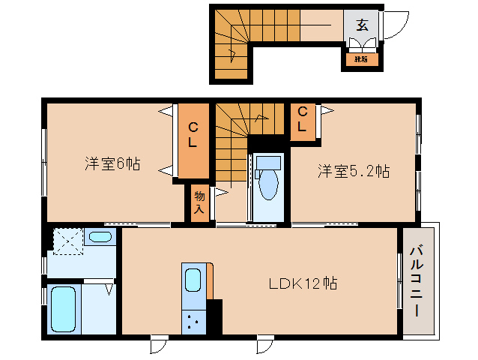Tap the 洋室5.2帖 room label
coord(353,172)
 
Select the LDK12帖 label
coord(303,283)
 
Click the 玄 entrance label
coord(362,25)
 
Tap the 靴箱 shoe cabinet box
coord(361,58)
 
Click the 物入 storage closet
coord(199,202)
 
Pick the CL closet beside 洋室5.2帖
coord(303,119)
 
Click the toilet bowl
coord(268,187)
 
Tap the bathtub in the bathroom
coord(68,309)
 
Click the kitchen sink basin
coord(193,280)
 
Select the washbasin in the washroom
coord(98,238)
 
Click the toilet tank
coord(268,162)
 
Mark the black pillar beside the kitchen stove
coord(214,316)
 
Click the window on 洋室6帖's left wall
coord(44,157)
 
